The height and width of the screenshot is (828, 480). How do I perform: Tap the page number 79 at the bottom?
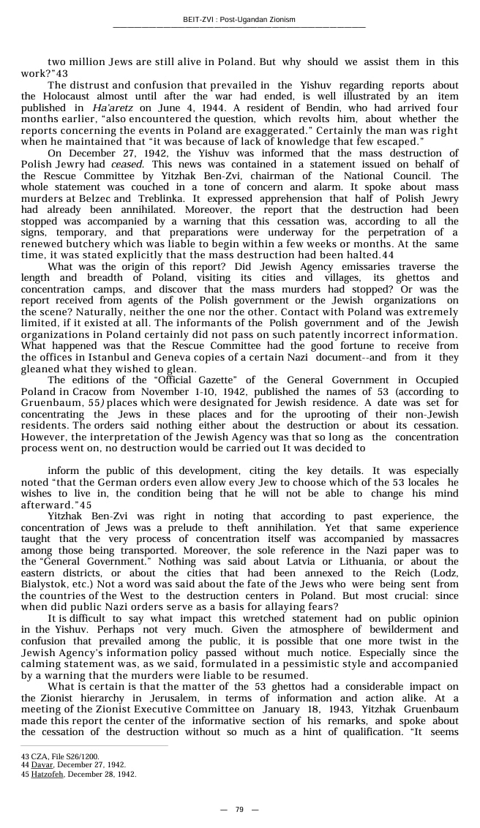[x=239, y=809]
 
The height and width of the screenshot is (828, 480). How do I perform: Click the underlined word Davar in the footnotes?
[x=42, y=764]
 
